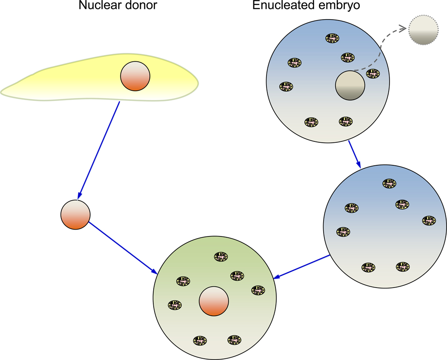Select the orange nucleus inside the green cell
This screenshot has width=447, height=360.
(x=214, y=301)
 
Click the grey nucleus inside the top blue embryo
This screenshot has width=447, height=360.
(x=350, y=85)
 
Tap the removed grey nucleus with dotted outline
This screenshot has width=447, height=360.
(x=422, y=31)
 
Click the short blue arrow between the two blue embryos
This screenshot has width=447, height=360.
(x=355, y=154)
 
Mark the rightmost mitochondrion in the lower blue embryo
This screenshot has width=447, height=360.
(x=429, y=220)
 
